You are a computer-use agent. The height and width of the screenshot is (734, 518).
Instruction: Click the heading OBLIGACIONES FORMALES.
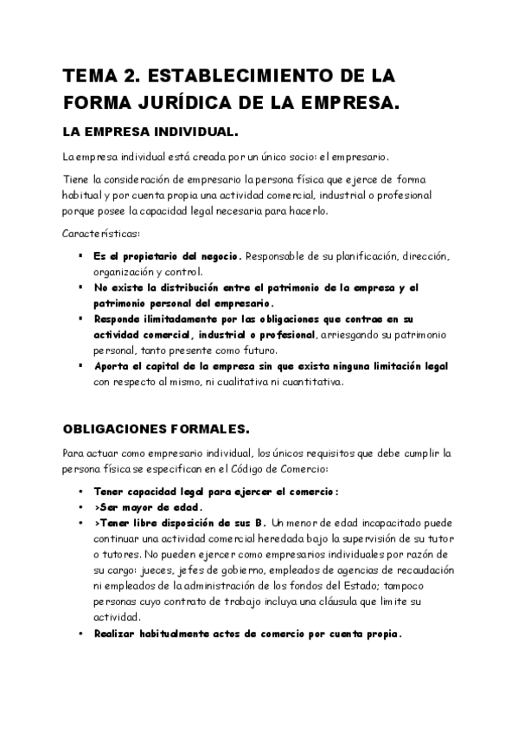[157, 428]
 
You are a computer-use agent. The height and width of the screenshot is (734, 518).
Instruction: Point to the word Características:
[101, 235]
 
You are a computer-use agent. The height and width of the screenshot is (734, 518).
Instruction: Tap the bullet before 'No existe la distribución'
[80, 287]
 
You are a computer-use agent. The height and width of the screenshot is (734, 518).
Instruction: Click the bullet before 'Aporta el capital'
[80, 365]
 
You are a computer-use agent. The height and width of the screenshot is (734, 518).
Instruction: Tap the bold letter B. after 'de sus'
[261, 523]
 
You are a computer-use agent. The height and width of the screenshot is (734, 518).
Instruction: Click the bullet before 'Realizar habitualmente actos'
[80, 634]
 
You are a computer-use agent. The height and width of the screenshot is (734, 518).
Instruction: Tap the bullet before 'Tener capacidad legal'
[80, 492]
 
